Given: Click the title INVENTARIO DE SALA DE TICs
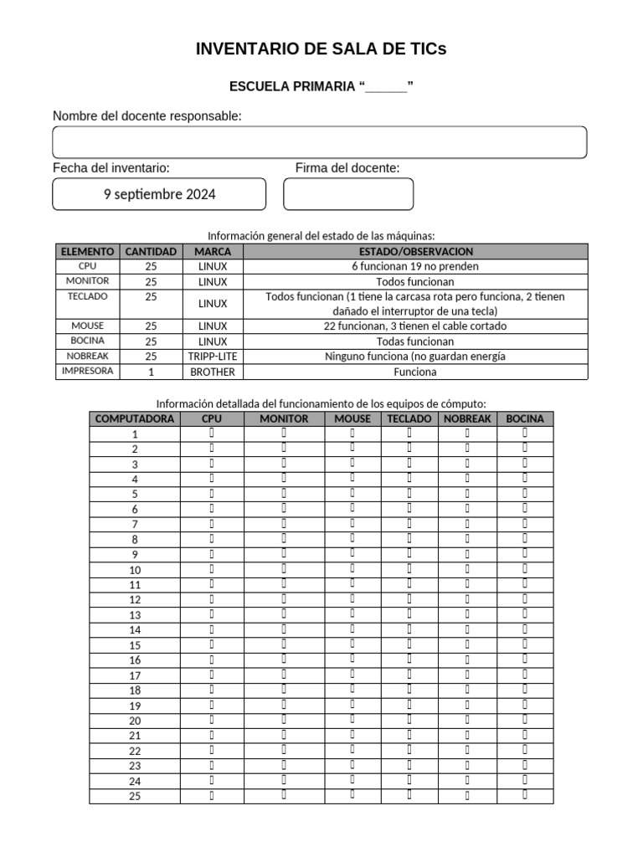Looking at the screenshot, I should [x=321, y=49].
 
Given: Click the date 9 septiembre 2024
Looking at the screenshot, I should [x=159, y=194].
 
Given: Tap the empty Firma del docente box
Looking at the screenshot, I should [x=348, y=194].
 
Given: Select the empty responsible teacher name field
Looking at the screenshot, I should [x=319, y=142].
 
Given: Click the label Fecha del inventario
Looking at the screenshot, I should [x=111, y=168].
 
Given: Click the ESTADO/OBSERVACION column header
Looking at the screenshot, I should [x=415, y=251].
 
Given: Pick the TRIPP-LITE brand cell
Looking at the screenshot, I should [x=213, y=357].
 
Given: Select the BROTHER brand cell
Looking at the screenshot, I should [x=213, y=372].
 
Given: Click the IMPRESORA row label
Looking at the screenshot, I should [x=87, y=372].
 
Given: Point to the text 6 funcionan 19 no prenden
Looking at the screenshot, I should [x=415, y=266].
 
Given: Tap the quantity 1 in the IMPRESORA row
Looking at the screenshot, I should [x=151, y=372].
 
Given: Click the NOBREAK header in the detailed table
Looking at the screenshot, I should [x=467, y=418].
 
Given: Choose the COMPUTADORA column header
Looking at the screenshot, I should [x=135, y=418].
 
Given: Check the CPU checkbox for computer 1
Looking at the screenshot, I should [x=212, y=434].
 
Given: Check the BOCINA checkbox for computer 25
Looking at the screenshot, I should [x=525, y=795].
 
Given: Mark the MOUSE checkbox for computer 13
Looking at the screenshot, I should [x=352, y=614].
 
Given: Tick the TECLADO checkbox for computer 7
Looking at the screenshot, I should [x=409, y=524].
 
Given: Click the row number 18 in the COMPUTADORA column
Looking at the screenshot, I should [x=135, y=690].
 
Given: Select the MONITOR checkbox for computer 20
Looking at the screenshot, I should [x=284, y=720].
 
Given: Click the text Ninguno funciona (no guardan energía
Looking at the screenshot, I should [x=415, y=357].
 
